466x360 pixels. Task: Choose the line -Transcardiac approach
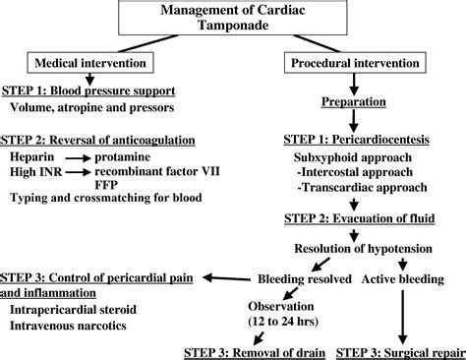coord(356,187)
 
